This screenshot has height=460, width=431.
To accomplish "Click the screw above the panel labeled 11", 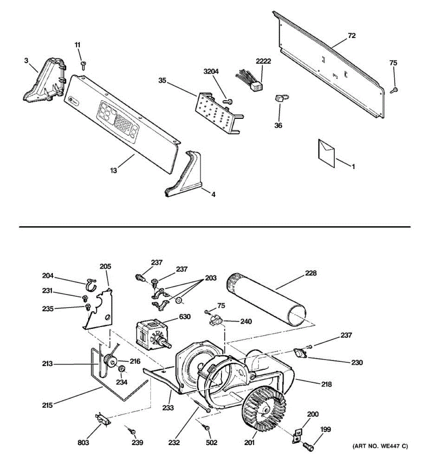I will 83,65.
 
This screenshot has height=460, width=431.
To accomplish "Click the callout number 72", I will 352,36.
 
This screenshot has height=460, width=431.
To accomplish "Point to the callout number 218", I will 326,384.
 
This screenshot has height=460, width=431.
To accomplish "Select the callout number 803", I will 83,443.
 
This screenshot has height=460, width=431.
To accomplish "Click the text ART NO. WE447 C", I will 380,446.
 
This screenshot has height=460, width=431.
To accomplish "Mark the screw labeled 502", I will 207,427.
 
